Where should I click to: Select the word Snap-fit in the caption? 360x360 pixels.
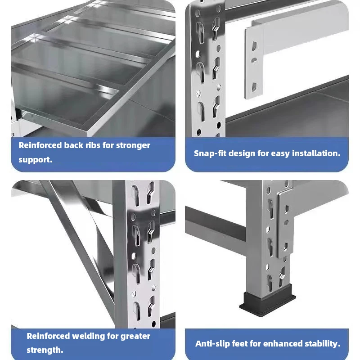(x=210, y=153)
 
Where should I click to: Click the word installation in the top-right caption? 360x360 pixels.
(x=316, y=153)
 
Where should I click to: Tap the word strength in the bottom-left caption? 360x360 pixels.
(x=43, y=350)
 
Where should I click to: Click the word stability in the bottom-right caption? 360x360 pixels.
(x=321, y=344)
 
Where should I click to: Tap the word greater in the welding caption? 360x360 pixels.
(x=135, y=336)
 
